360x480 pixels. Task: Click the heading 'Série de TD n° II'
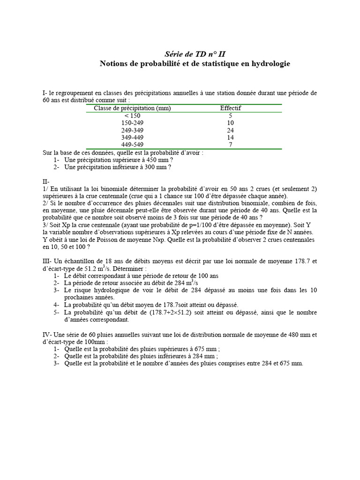tap(195, 54)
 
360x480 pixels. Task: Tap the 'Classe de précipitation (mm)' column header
tap(132, 108)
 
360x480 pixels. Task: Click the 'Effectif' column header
tap(231, 108)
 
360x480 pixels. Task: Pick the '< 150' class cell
tap(132, 116)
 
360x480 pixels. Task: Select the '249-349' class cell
tap(132, 130)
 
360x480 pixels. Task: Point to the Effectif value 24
tap(231, 130)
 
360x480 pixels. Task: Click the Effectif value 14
tap(231, 138)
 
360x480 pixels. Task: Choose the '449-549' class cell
tap(132, 145)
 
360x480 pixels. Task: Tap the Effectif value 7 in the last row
tap(231, 145)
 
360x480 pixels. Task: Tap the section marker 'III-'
tap(47, 262)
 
